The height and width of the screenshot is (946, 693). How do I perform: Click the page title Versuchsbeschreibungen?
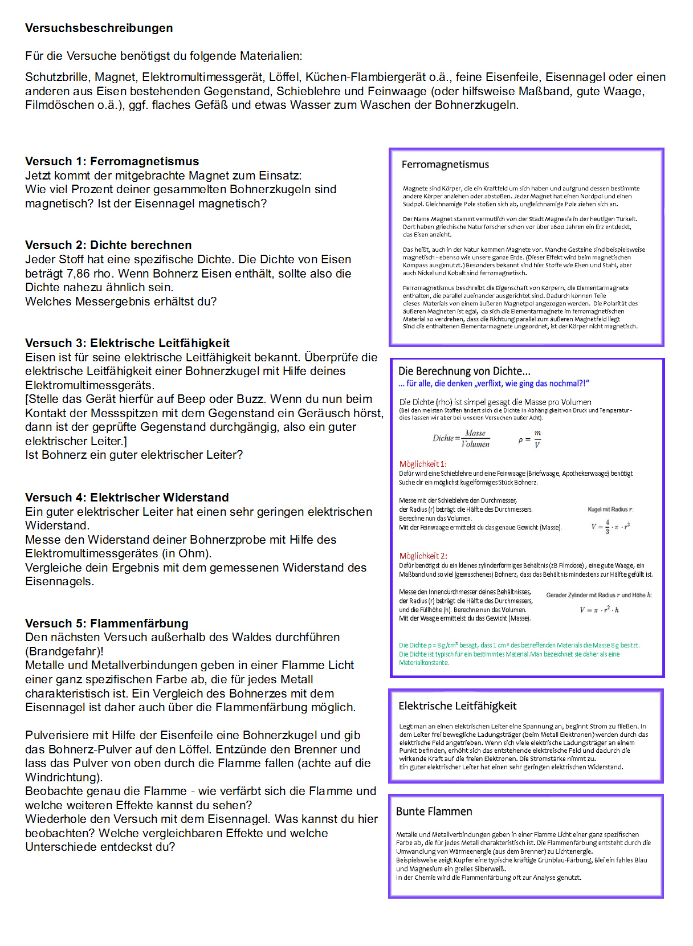[x=99, y=28]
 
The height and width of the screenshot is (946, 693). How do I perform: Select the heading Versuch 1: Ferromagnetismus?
[x=112, y=161]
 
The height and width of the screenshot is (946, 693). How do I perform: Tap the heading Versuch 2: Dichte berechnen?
[x=108, y=245]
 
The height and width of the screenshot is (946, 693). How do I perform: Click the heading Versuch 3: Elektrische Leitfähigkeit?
[x=127, y=343]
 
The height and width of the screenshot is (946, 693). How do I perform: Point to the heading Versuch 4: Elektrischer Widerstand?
[x=127, y=498]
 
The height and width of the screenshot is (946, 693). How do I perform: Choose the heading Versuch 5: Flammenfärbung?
[x=107, y=623]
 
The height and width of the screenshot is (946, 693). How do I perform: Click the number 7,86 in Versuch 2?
[x=78, y=274]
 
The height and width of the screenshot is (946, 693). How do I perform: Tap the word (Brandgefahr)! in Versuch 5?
[x=64, y=651]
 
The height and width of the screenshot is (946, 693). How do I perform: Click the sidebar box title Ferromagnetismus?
[x=445, y=165]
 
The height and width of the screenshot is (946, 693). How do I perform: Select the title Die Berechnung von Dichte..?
[x=464, y=371]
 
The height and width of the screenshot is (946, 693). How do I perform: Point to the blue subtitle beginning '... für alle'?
[x=494, y=384]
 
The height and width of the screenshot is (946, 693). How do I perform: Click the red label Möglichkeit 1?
[x=422, y=464]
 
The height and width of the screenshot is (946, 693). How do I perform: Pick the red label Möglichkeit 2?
[x=423, y=556]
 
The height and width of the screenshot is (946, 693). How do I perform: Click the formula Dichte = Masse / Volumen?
[x=461, y=438]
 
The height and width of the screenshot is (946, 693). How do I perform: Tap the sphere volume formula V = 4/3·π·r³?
[x=610, y=526]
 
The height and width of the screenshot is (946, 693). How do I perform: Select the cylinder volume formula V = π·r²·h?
[x=599, y=610]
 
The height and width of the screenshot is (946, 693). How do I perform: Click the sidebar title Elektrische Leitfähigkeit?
[x=457, y=706]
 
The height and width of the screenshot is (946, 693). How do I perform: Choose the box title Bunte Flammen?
[x=434, y=812]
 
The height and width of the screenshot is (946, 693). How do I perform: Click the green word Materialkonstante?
[x=423, y=663]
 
